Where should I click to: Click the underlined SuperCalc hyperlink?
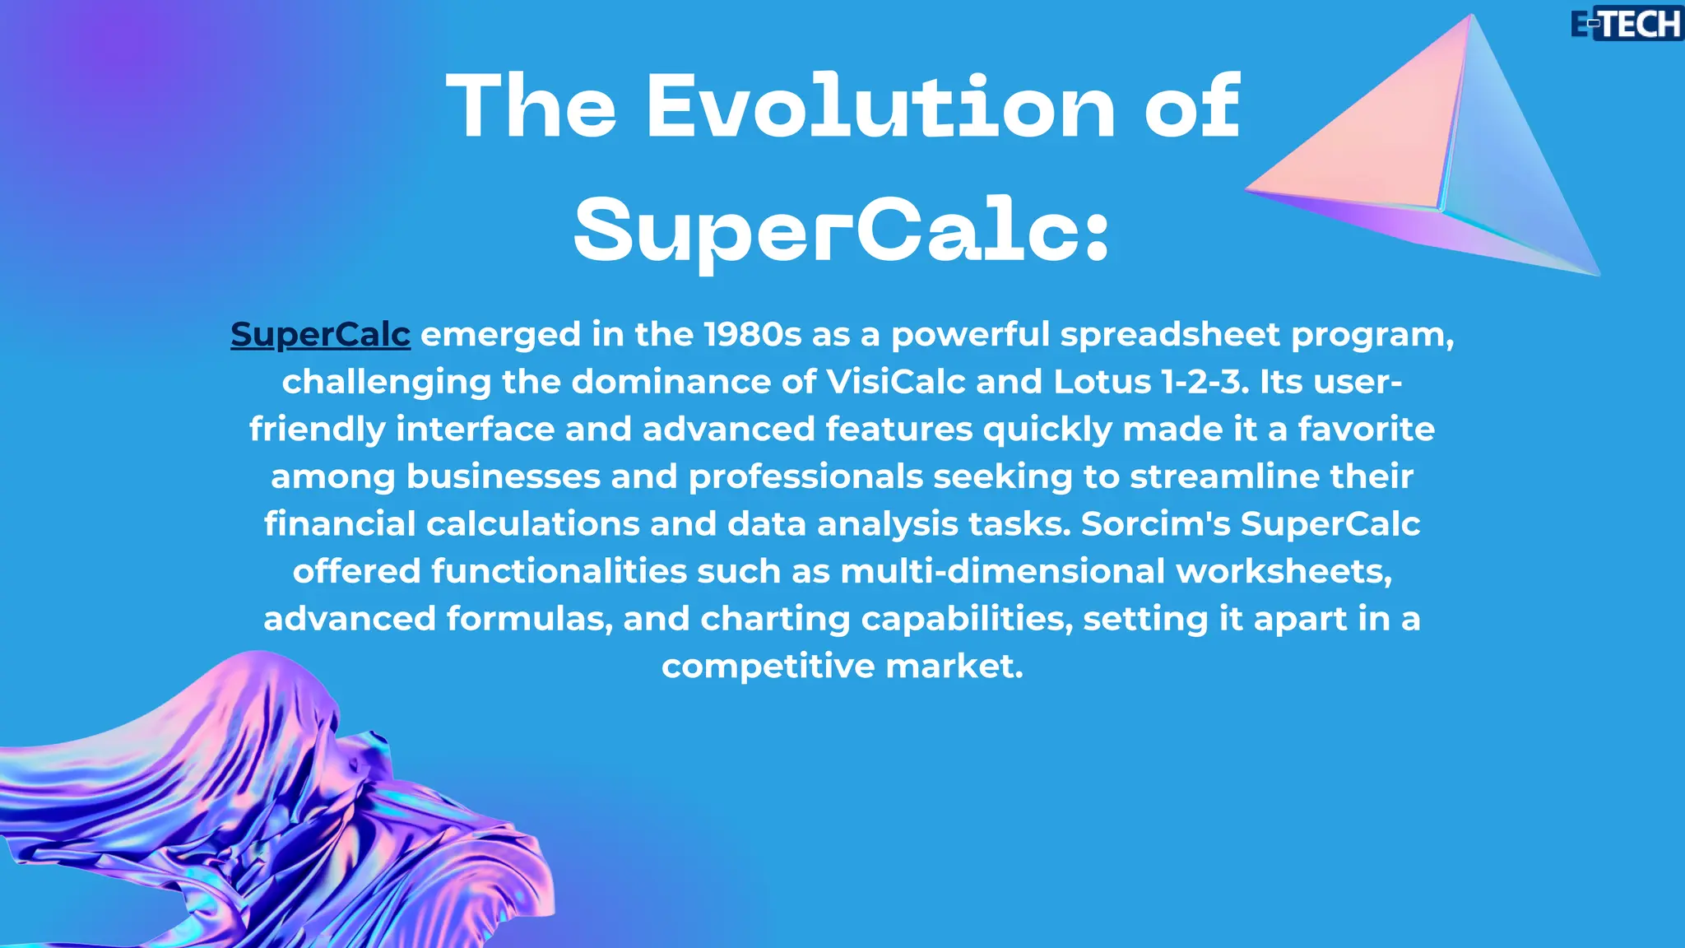tap(320, 335)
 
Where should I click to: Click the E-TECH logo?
tap(1626, 24)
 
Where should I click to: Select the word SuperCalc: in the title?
tap(842, 232)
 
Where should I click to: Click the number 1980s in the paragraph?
tap(752, 335)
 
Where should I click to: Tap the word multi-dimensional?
tap(1002, 572)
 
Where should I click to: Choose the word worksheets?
tap(1283, 572)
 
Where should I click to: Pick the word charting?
tap(774, 619)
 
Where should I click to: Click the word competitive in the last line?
tap(768, 667)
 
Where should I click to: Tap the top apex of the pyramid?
tap(1472, 16)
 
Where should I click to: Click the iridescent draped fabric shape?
tap(247, 806)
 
